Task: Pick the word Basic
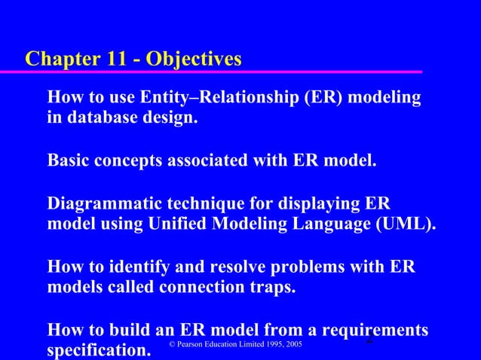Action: click(x=69, y=160)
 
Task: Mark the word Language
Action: click(x=336, y=224)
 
